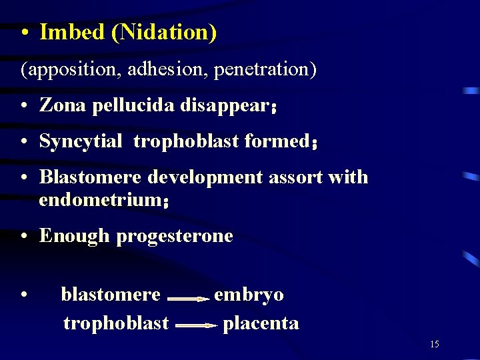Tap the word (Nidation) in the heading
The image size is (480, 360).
pos(164,33)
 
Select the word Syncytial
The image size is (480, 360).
pos(81,141)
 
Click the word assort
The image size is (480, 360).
pos(303,177)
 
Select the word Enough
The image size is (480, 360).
pos(74,236)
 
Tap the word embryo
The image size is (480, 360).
pos(249,295)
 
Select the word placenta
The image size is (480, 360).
pos(261,323)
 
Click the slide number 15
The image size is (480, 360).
pos(435,345)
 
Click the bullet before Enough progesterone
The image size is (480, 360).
pos(23,236)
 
